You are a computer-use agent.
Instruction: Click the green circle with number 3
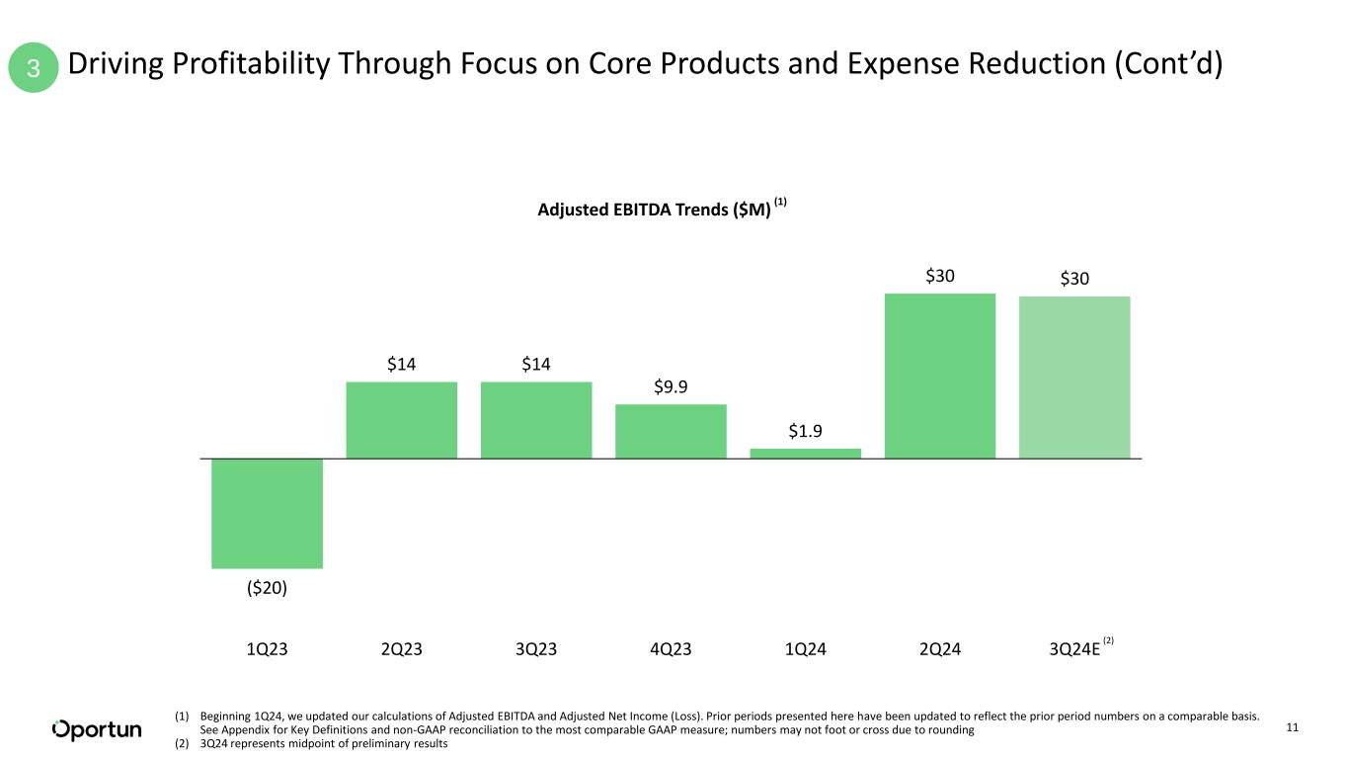[34, 68]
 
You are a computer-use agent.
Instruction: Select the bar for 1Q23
[267, 513]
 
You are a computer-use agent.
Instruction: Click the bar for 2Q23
[401, 420]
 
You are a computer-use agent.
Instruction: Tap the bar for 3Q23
[536, 420]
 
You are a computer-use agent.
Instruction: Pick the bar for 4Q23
[671, 431]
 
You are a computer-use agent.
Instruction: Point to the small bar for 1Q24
[805, 454]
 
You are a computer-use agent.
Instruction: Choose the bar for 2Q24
[940, 376]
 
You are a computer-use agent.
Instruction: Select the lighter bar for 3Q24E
[1074, 378]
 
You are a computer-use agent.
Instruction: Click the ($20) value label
[267, 588]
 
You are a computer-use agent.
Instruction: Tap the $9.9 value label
[671, 386]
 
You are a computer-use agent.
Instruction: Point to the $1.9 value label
[805, 431]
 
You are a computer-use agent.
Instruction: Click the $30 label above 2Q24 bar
[940, 277]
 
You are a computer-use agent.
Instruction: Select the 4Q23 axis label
[671, 648]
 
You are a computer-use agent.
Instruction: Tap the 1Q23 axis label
[267, 648]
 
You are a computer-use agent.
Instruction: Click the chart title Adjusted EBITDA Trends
[654, 210]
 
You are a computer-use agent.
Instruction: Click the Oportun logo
[97, 729]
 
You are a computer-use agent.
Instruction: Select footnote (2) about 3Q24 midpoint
[311, 744]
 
